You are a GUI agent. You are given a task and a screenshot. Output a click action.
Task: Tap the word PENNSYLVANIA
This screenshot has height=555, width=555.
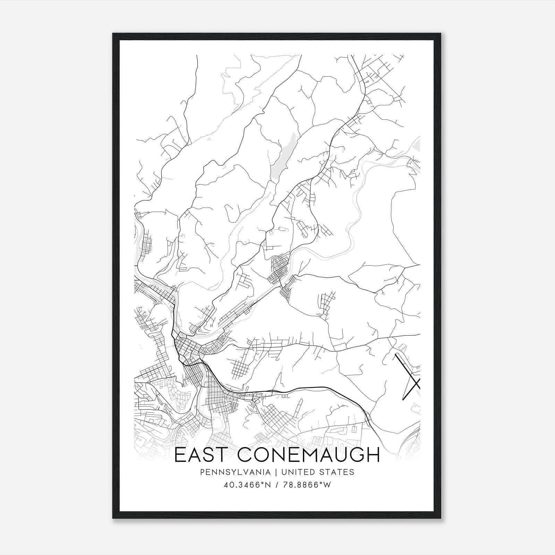pos(230,472)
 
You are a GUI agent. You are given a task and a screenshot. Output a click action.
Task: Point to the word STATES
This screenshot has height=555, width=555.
pos(337,472)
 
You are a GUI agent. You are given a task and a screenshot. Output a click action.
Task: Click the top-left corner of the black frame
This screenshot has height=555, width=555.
pos(113,34)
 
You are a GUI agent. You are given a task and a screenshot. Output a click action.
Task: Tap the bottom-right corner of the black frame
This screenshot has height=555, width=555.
pos(441,518)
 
